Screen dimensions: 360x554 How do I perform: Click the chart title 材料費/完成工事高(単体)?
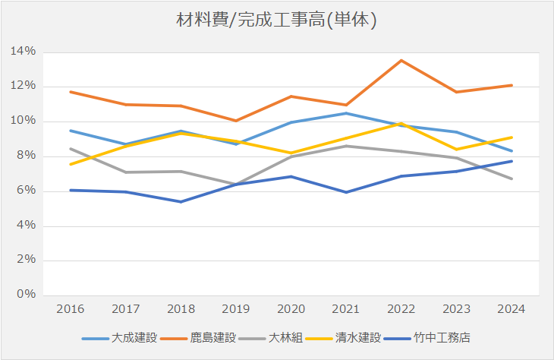(276, 21)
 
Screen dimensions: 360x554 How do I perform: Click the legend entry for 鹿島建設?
(213, 337)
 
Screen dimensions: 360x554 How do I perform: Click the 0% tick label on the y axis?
(27, 295)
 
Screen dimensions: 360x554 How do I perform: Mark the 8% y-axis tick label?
(27, 156)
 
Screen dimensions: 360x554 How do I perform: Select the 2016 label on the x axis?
(70, 310)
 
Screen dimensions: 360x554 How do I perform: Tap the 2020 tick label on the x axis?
(291, 310)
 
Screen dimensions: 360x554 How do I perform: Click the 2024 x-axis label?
(512, 310)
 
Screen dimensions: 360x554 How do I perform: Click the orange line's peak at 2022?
(401, 60)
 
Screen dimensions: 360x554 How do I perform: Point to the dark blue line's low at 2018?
(181, 202)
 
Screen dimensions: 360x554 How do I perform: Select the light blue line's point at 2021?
(346, 113)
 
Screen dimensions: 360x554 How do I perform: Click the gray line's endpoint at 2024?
(512, 178)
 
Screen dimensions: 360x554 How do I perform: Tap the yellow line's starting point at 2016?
(70, 164)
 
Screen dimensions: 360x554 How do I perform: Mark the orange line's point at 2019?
(236, 121)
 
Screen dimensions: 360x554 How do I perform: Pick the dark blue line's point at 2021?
(346, 192)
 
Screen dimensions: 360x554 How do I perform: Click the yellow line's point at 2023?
(456, 149)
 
